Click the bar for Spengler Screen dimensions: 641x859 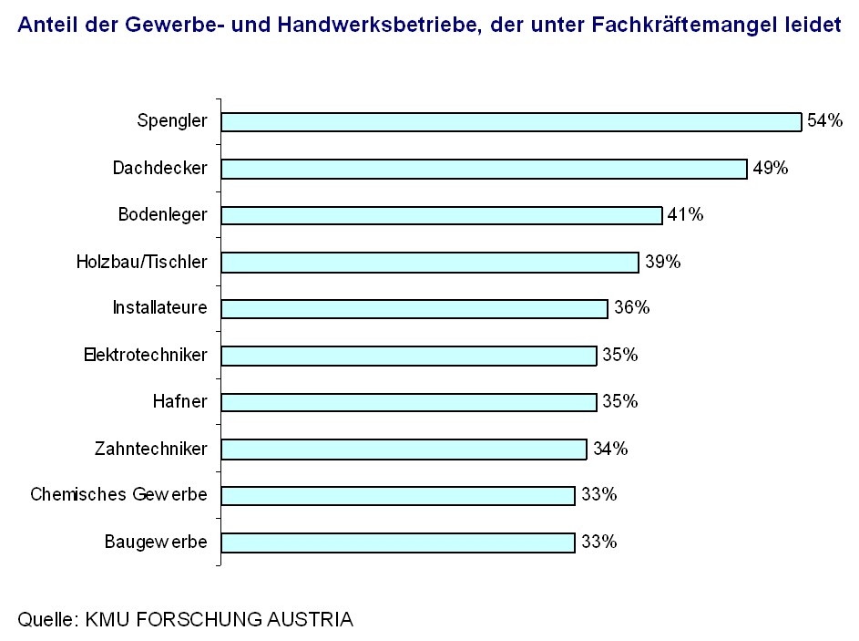510,122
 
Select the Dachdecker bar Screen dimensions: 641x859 484,169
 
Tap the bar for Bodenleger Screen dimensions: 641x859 441,215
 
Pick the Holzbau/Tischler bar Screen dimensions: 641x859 430,263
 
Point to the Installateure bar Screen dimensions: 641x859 414,309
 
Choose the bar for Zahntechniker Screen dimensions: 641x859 404,450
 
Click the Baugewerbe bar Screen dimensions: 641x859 398,543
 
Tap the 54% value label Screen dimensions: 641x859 824,121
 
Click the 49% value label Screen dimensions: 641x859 770,168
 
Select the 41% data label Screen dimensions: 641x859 685,215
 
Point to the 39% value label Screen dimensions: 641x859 662,262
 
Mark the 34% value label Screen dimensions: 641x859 609,449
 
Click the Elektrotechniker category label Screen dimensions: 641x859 145,356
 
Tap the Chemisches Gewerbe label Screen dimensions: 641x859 118,495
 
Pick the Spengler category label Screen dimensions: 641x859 172,121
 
